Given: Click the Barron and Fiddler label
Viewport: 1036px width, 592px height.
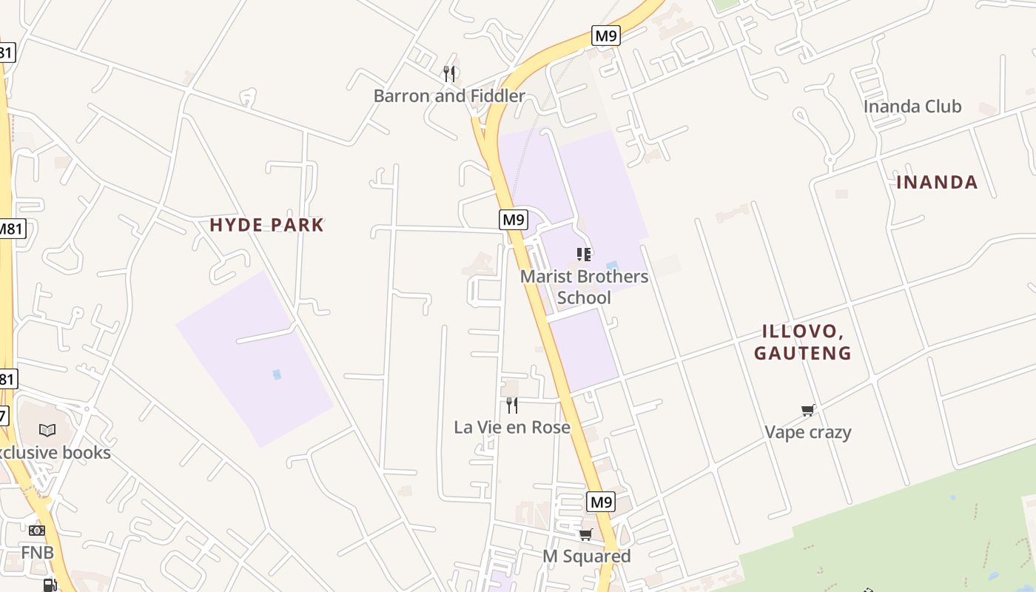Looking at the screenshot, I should tap(449, 96).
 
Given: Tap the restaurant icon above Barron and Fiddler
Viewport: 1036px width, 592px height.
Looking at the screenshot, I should tap(449, 74).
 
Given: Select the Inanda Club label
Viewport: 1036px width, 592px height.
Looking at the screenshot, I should tap(912, 107).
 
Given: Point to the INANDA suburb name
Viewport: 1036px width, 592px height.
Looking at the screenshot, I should tap(937, 182).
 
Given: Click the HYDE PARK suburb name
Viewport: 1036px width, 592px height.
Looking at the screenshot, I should tap(266, 225).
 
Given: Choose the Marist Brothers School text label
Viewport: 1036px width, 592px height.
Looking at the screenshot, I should tap(584, 287).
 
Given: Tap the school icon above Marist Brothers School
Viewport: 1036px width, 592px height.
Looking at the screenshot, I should tap(584, 255).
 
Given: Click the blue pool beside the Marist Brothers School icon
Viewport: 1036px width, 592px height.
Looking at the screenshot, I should tap(612, 266).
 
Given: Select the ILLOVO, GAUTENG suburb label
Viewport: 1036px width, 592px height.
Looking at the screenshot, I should tap(803, 342).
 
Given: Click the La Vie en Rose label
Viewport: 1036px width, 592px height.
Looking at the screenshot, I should tap(512, 427).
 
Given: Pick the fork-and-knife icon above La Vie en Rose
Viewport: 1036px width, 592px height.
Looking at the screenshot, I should tap(511, 405).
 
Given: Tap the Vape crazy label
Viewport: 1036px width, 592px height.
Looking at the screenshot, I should tap(808, 432).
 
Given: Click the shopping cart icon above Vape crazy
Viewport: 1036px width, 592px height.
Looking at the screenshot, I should tap(808, 410).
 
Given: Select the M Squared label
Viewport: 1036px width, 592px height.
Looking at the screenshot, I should tap(587, 556).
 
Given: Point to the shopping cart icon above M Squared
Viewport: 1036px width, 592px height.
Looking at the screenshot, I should tap(586, 534).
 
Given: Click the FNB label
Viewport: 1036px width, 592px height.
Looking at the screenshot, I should tap(37, 553).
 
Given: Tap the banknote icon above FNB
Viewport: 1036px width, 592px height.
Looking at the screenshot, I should tap(37, 531).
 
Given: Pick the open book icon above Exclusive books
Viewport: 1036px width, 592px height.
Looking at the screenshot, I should tap(47, 430).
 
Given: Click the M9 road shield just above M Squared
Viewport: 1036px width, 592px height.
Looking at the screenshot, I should tap(601, 502).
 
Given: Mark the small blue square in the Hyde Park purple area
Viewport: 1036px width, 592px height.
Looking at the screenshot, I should tap(277, 374).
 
